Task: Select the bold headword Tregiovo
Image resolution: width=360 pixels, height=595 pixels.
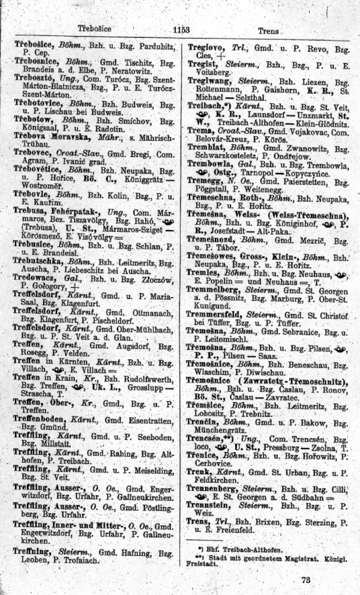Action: click(x=207, y=47)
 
